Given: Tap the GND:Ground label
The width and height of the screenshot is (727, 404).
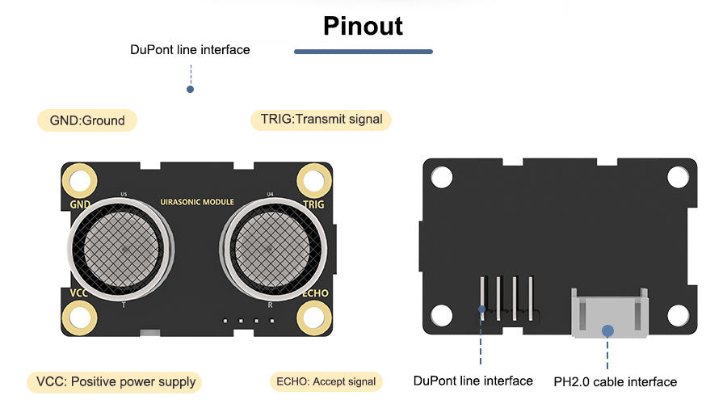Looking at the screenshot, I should pos(87,120).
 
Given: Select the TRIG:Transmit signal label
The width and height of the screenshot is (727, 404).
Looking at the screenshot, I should pos(321,120).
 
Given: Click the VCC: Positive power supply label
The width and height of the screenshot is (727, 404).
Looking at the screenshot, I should pos(116,381).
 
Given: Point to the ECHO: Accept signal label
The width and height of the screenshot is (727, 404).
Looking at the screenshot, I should pos(326,381).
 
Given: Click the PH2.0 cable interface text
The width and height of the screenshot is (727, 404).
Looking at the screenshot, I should pos(615,381).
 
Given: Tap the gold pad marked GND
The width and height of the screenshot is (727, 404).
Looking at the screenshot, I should pos(80,179).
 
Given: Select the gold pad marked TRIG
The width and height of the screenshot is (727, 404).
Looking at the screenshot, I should pos(314,179).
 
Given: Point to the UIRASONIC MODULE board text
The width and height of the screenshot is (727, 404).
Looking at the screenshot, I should pos(197,202).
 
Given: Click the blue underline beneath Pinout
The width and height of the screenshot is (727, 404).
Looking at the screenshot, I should pos(363,52).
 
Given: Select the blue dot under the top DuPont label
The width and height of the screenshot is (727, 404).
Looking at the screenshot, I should pos(190,89).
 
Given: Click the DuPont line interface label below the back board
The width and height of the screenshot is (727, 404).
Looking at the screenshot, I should pos(473,381).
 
